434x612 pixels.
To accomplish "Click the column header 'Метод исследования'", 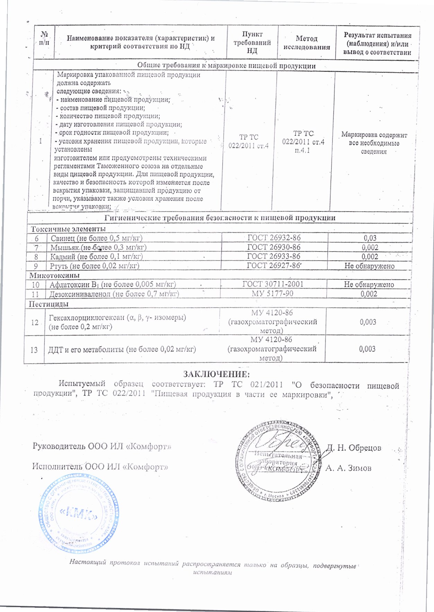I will pos(306,43).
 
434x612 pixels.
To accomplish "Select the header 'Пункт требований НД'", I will pos(252,43).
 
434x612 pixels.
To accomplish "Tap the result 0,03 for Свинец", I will pos(370,238).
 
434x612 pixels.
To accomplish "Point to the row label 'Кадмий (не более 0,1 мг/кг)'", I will pos(96,257).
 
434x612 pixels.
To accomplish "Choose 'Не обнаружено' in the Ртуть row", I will pos(369,266).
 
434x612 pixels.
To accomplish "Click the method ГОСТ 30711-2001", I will pos(273,284).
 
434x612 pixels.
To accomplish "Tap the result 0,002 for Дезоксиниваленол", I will pos(369,294).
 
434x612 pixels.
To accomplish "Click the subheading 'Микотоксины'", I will pos(54,275).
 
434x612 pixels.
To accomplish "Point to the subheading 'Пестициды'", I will pos(49,304).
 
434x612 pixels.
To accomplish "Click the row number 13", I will pos(34,350).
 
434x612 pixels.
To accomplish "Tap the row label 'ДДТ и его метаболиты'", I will pos(122,349).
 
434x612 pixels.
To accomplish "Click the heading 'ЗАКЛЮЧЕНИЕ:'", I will pos(216,374).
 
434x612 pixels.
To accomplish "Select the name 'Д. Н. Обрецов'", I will pos(354,448).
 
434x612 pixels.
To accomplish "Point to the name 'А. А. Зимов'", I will pos(348,468).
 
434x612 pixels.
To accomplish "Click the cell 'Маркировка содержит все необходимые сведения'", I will pos(374,143).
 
